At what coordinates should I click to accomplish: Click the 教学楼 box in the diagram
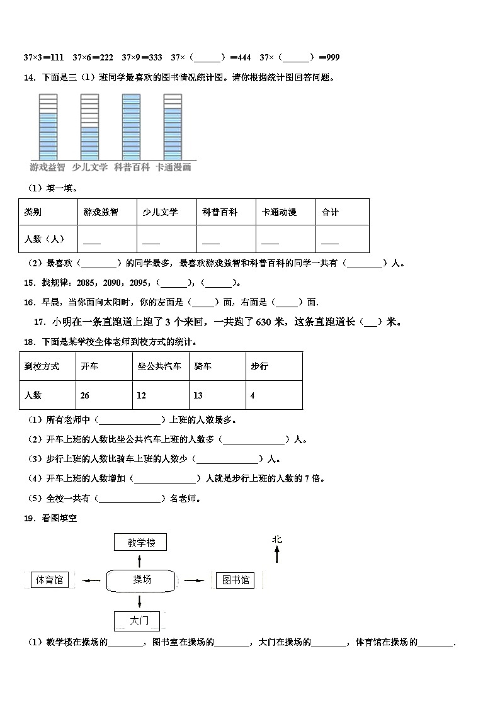coord(140,543)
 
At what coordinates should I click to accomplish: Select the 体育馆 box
coord(50,580)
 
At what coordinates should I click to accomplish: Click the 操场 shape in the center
coord(142,580)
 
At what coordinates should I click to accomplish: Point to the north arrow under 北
coord(276,555)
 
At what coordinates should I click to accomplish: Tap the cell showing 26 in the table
coord(104,395)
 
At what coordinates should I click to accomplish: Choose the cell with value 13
coord(217,395)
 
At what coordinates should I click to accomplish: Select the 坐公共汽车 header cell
coord(160,366)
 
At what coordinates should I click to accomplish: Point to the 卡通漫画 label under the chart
coord(173,167)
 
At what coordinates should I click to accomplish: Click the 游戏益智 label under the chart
coord(47,167)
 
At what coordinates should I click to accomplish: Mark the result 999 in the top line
coord(330,58)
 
